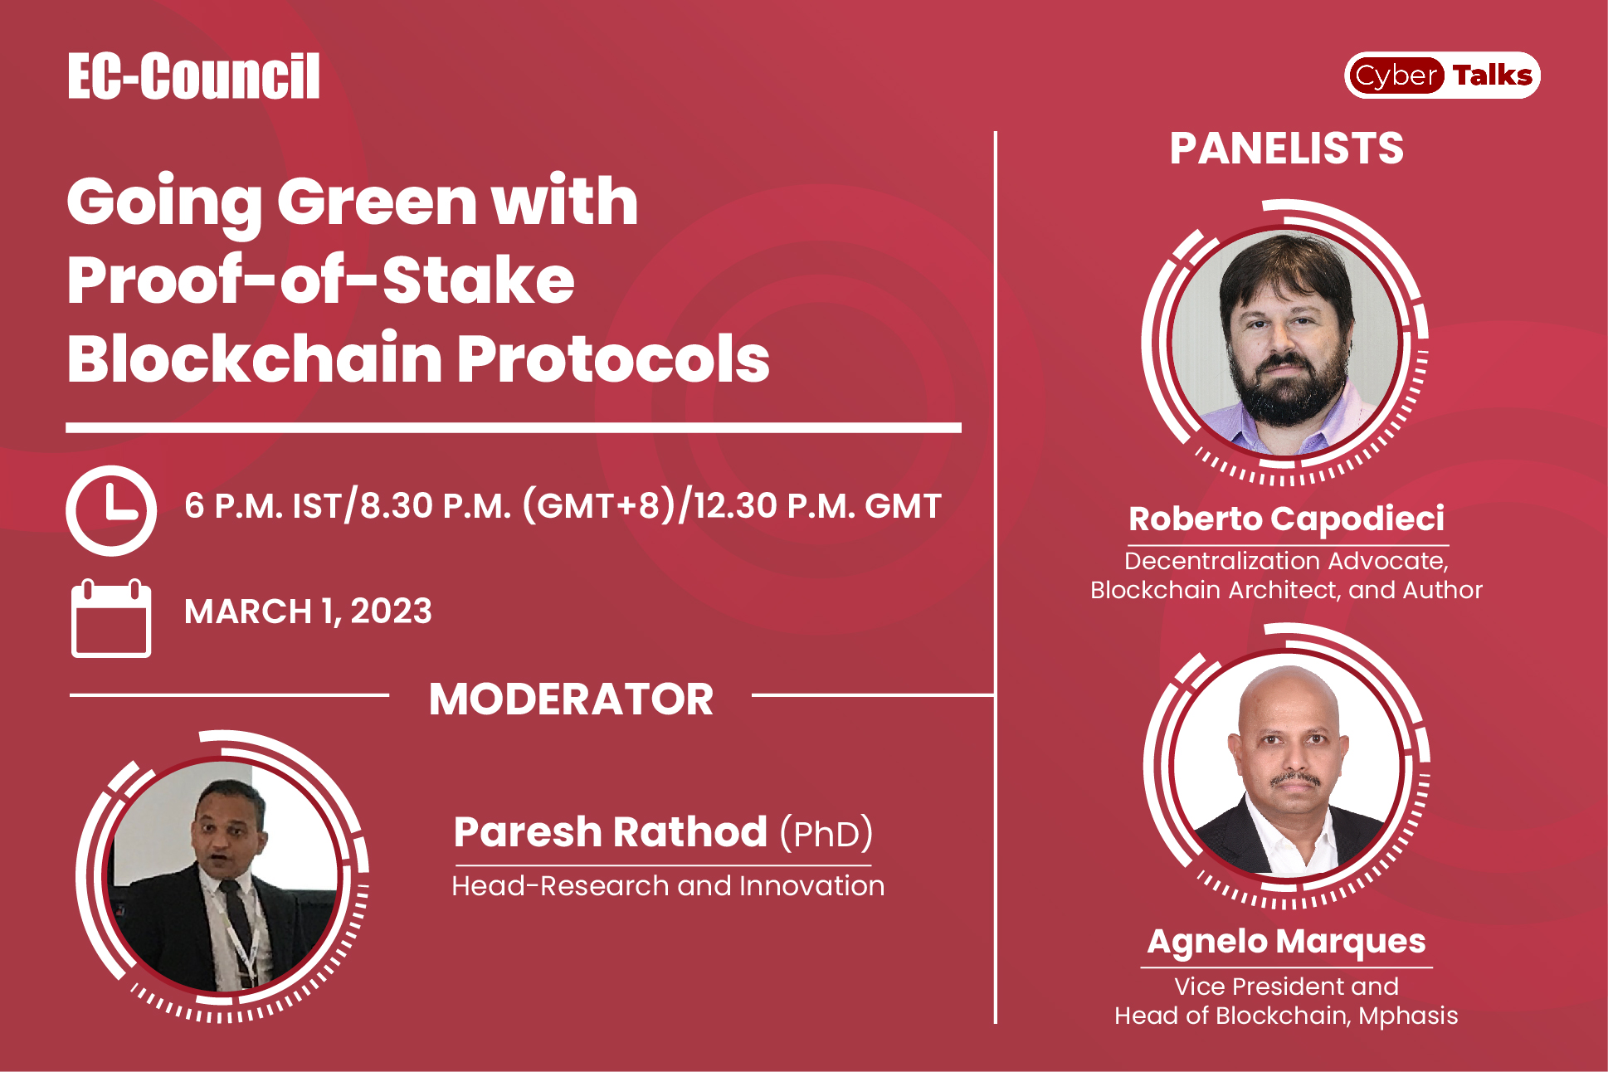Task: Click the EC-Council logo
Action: (x=193, y=76)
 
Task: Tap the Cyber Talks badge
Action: (x=1441, y=76)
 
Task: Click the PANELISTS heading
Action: (x=1286, y=149)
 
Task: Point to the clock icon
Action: (x=111, y=510)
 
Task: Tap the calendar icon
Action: (x=111, y=619)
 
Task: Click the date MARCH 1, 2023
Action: (x=308, y=612)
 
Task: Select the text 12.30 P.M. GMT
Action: (x=817, y=505)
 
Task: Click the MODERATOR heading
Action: (x=571, y=699)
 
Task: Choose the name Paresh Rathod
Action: (x=610, y=832)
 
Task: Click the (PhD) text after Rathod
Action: (x=826, y=833)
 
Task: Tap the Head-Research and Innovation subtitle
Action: (x=668, y=886)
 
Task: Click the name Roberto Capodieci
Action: (x=1286, y=519)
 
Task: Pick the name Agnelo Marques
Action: (x=1286, y=941)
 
